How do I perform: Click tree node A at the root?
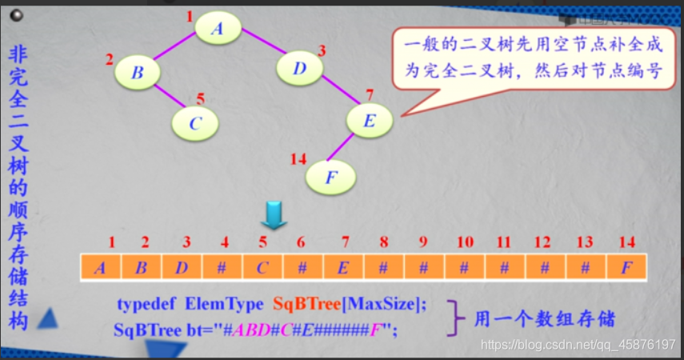217,28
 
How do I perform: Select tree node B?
138,73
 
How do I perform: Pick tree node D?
300,68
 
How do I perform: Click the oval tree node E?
369,121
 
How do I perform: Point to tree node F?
330,176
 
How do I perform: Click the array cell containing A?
101,267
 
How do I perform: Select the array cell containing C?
262,267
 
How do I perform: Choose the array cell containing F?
626,267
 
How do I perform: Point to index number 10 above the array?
465,241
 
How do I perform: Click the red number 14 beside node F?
298,160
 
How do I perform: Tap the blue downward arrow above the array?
274,215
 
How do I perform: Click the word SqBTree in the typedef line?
304,304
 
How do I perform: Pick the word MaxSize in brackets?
377,304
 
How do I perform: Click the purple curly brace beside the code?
455,318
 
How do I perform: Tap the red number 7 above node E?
369,94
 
